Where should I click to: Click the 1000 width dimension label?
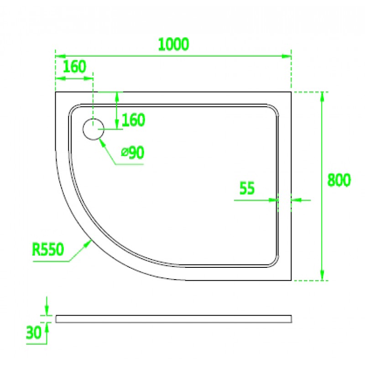pyautogui.click(x=173, y=44)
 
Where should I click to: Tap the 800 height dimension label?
pyautogui.click(x=339, y=180)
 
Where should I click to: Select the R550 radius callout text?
pyautogui.click(x=48, y=249)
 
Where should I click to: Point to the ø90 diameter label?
pyautogui.click(x=133, y=152)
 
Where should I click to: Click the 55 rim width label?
pyautogui.click(x=247, y=188)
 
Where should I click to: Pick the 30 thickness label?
pyautogui.click(x=33, y=333)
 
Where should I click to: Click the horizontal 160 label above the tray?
pyautogui.click(x=75, y=66)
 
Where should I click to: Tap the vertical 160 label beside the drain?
pyautogui.click(x=133, y=120)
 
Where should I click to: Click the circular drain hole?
pyautogui.click(x=94, y=129)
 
